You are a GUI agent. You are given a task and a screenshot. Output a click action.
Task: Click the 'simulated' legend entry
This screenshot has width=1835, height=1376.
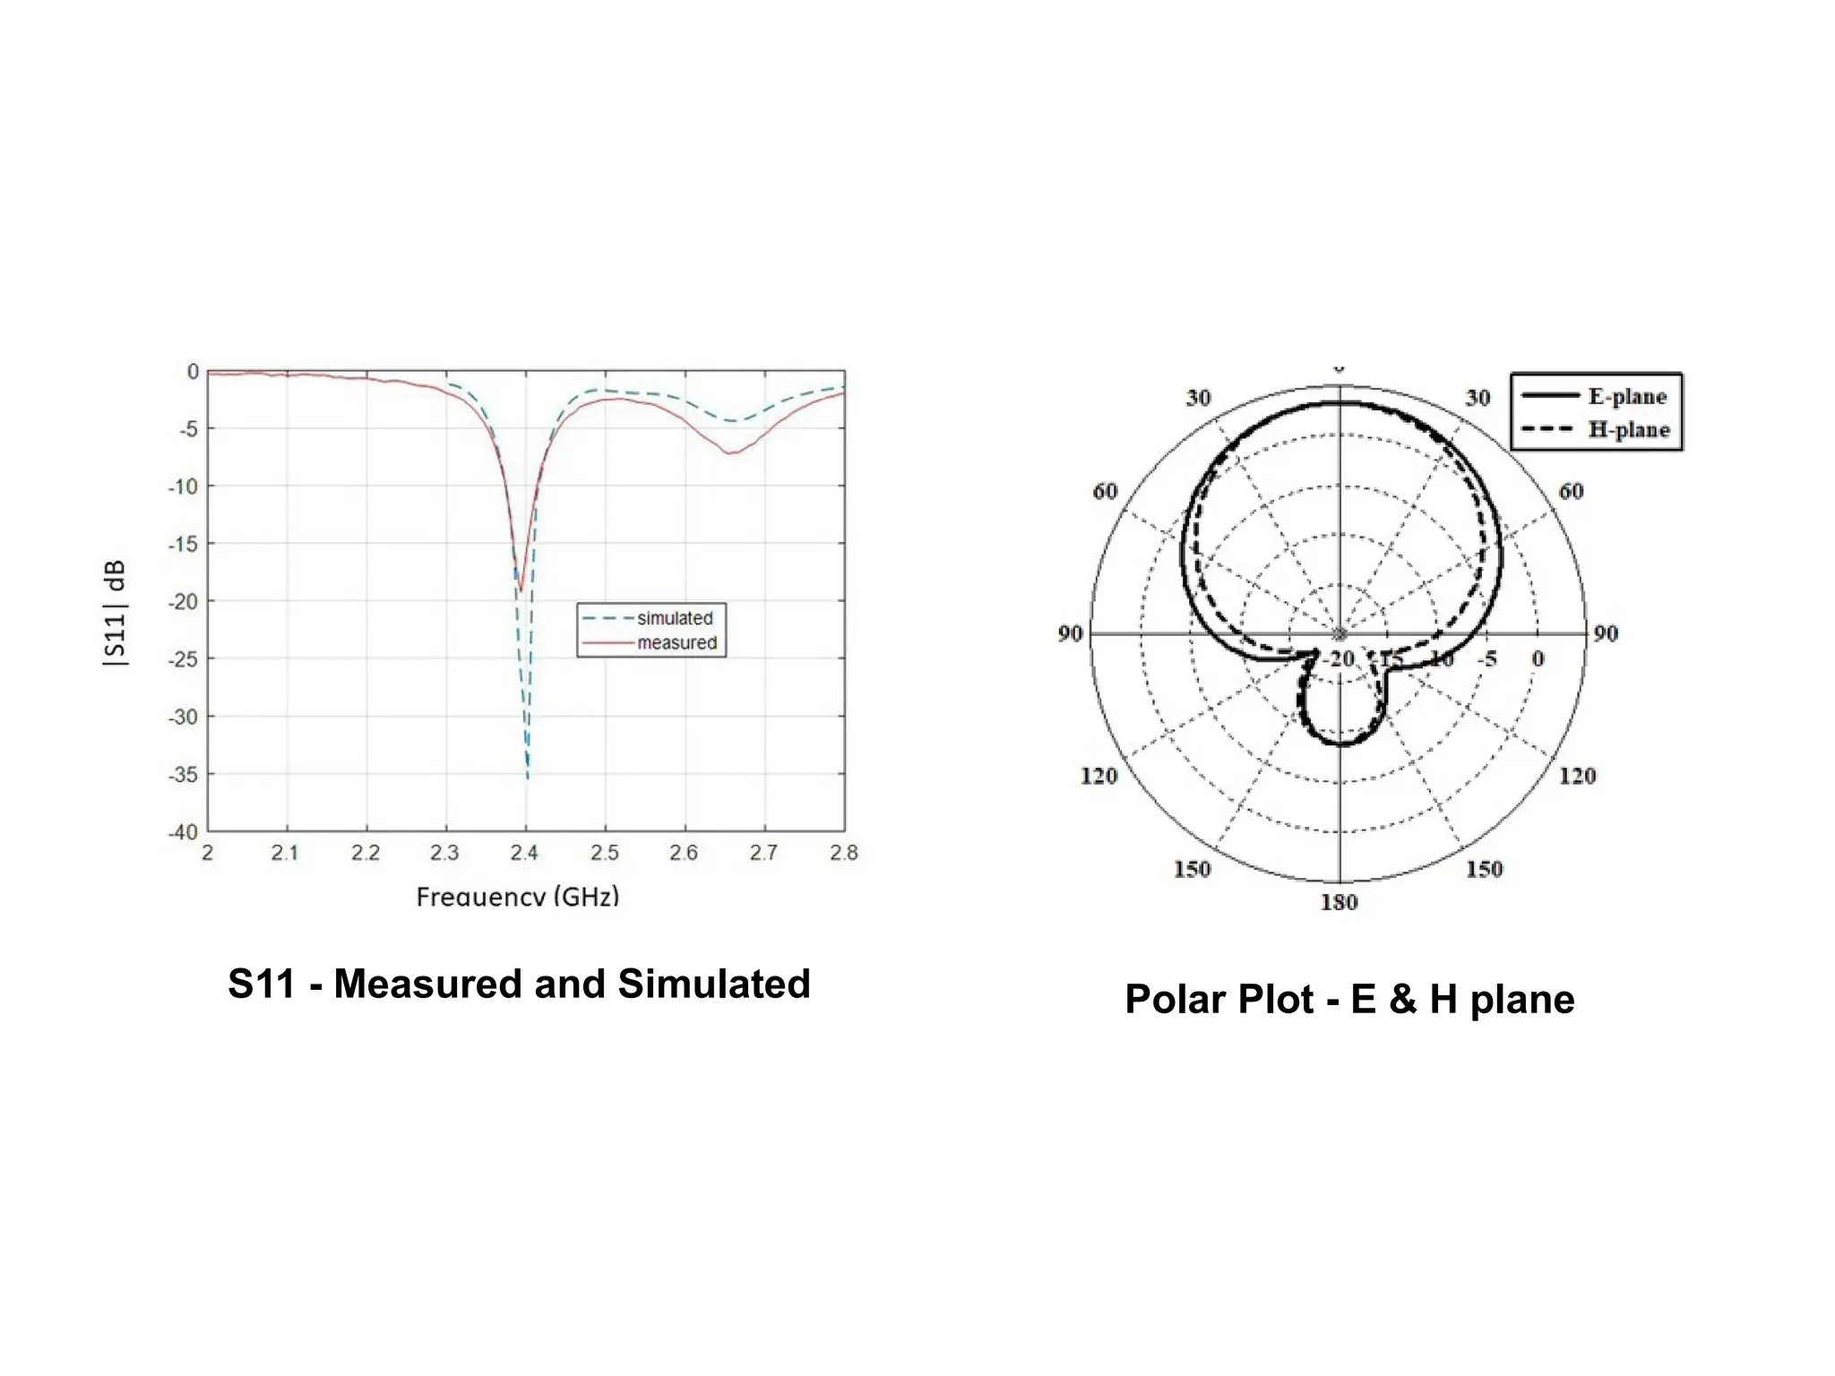[x=674, y=618]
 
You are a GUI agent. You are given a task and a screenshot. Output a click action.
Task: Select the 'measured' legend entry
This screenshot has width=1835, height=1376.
[x=676, y=643]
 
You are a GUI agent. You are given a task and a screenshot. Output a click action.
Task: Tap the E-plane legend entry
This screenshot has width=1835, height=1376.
[x=1626, y=396]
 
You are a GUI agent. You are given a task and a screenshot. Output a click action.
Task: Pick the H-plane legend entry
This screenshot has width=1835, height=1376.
[x=1628, y=430]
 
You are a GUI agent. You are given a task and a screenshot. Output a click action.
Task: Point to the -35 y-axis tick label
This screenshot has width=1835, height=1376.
[x=183, y=774]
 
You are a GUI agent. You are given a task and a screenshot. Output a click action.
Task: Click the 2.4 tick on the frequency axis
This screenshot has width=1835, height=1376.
[x=524, y=853]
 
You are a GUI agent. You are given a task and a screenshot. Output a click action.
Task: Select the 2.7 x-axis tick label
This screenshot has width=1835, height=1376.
[x=763, y=853]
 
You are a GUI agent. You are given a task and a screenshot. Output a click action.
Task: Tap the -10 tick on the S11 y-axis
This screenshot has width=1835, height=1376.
[x=183, y=486]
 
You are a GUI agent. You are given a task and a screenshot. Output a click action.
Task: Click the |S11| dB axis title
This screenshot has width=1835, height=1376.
[x=116, y=614]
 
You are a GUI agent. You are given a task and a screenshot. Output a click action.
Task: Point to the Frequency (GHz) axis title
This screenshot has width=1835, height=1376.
[x=518, y=896]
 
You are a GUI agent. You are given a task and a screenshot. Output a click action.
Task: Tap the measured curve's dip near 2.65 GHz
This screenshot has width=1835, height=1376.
[x=730, y=453]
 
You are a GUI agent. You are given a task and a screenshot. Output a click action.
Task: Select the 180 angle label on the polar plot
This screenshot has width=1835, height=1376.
[x=1339, y=902]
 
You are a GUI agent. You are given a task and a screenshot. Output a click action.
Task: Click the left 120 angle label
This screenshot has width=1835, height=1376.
[x=1098, y=776]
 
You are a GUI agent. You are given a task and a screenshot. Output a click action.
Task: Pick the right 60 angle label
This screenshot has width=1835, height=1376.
[x=1571, y=491]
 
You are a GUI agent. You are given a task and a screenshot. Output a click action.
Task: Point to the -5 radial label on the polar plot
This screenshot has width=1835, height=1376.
[x=1487, y=659]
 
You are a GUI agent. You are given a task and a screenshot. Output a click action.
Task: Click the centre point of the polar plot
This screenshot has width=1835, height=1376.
[x=1340, y=633]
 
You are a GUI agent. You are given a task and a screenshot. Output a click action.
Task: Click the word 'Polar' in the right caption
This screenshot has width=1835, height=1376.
[x=1175, y=999]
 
